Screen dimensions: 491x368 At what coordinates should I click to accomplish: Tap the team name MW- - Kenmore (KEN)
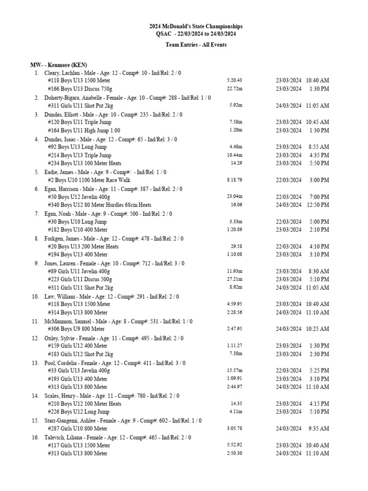(58, 65)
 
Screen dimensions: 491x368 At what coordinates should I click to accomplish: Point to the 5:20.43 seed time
(235, 81)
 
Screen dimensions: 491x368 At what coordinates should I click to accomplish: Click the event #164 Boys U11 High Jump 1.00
(84, 130)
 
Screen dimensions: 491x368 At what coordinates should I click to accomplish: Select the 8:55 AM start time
(318, 147)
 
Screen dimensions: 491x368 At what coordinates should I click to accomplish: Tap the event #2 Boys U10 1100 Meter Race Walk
(89, 180)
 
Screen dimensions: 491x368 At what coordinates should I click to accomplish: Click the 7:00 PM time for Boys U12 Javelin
(319, 197)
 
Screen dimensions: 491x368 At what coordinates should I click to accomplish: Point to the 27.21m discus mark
(235, 279)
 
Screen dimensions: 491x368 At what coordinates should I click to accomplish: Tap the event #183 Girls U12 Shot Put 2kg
(80, 354)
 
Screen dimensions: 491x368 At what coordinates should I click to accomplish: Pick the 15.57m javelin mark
(235, 371)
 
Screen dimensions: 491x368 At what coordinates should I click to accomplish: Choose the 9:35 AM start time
(318, 429)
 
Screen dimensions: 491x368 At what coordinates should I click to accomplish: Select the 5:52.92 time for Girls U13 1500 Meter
(235, 445)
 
